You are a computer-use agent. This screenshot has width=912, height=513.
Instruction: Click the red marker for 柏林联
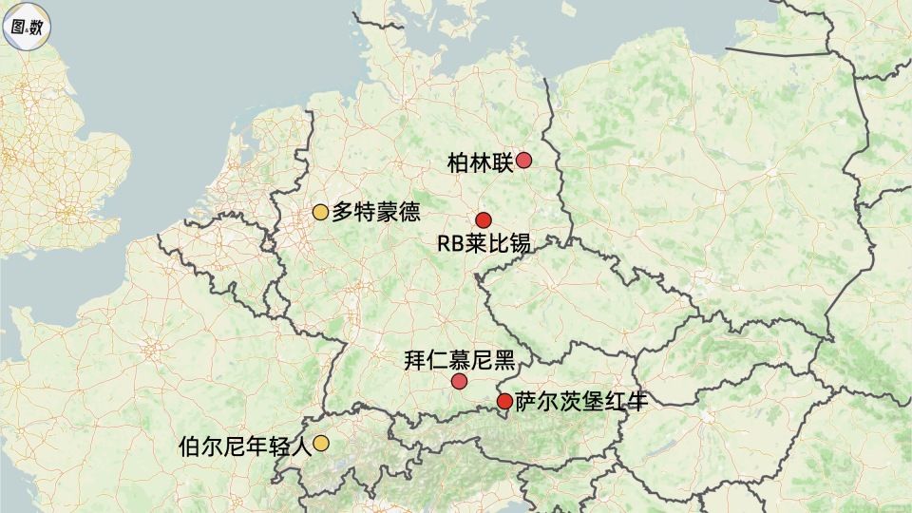[523, 161]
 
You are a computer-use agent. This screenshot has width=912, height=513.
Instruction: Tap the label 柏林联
[478, 162]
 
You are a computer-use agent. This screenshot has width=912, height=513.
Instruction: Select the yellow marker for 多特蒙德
[320, 212]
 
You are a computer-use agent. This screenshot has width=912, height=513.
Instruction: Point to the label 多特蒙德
[375, 212]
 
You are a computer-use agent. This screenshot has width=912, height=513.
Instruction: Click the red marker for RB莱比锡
[484, 219]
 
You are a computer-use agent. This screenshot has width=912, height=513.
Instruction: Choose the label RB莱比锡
[484, 244]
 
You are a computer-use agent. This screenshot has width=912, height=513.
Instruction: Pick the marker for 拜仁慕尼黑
[460, 382]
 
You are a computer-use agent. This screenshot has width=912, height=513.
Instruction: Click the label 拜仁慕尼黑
[459, 360]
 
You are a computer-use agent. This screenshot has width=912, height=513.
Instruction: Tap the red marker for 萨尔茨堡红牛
[504, 401]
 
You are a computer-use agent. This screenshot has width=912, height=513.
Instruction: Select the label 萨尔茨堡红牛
[581, 401]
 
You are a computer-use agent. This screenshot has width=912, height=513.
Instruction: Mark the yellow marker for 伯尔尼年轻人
[321, 443]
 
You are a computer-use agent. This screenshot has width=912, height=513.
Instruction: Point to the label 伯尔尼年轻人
[244, 445]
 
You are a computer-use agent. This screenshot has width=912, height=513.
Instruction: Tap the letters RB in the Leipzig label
[449, 244]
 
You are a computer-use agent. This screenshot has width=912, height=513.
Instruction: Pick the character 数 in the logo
[35, 27]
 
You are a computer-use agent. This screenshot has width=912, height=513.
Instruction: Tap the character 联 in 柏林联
[503, 162]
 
